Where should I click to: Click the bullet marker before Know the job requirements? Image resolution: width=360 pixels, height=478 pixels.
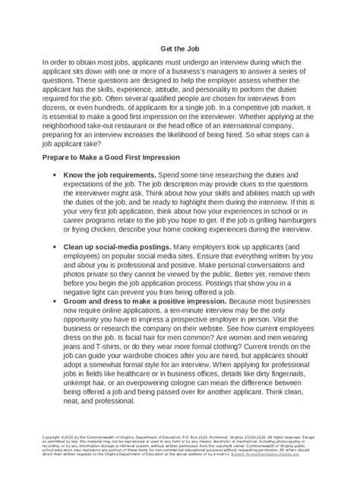[x=57, y=175]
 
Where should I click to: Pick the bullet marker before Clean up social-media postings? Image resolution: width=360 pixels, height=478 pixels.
[x=57, y=247]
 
